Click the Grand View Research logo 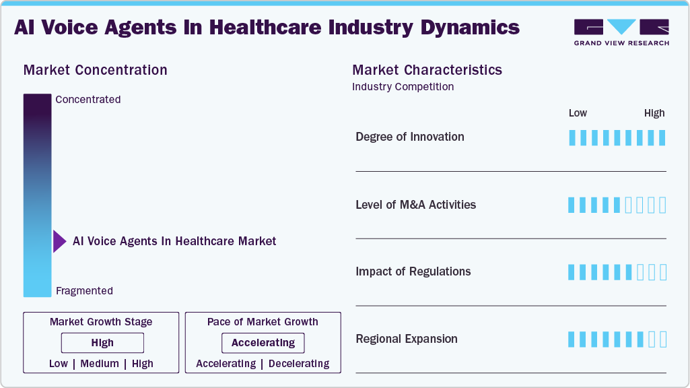pos(621,32)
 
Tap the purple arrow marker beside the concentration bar pos(59,241)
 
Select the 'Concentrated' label pos(88,100)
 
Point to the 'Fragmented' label pos(84,291)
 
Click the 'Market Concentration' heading pos(95,70)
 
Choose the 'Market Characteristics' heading pos(427,70)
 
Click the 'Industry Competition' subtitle pos(403,87)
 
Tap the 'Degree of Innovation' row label pos(410,137)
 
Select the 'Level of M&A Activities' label pos(415,205)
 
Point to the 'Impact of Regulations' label pos(413,271)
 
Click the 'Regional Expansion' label pos(406,339)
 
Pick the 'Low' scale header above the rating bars pos(578,113)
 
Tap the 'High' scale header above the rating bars pos(654,113)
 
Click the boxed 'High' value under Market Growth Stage pos(102,343)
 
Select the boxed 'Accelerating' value pos(263,343)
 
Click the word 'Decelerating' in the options pos(299,364)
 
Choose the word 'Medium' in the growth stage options pos(100,364)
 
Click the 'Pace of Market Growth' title pos(263,322)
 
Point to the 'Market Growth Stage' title pos(101,322)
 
